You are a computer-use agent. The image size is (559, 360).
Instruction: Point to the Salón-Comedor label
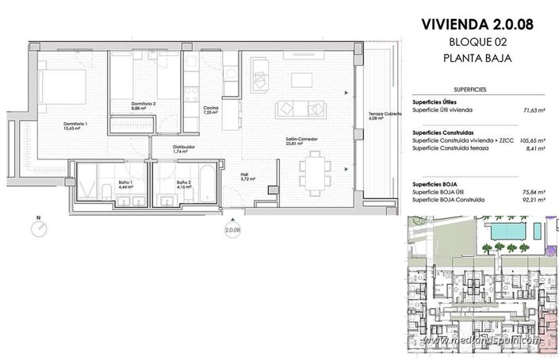302,140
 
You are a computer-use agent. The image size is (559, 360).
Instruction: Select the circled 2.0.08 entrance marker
232,231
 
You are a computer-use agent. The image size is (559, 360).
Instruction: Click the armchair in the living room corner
260,76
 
